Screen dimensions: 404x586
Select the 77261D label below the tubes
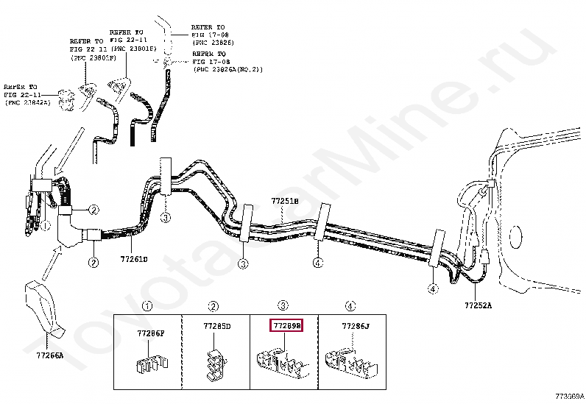pyautogui.click(x=135, y=259)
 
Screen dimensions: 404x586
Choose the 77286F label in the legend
pyautogui.click(x=151, y=333)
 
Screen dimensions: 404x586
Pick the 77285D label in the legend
pyautogui.click(x=216, y=325)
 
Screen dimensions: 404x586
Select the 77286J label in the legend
pyautogui.click(x=356, y=325)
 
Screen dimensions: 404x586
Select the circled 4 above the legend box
pyautogui.click(x=350, y=306)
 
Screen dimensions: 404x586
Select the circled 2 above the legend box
pyautogui.click(x=213, y=306)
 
